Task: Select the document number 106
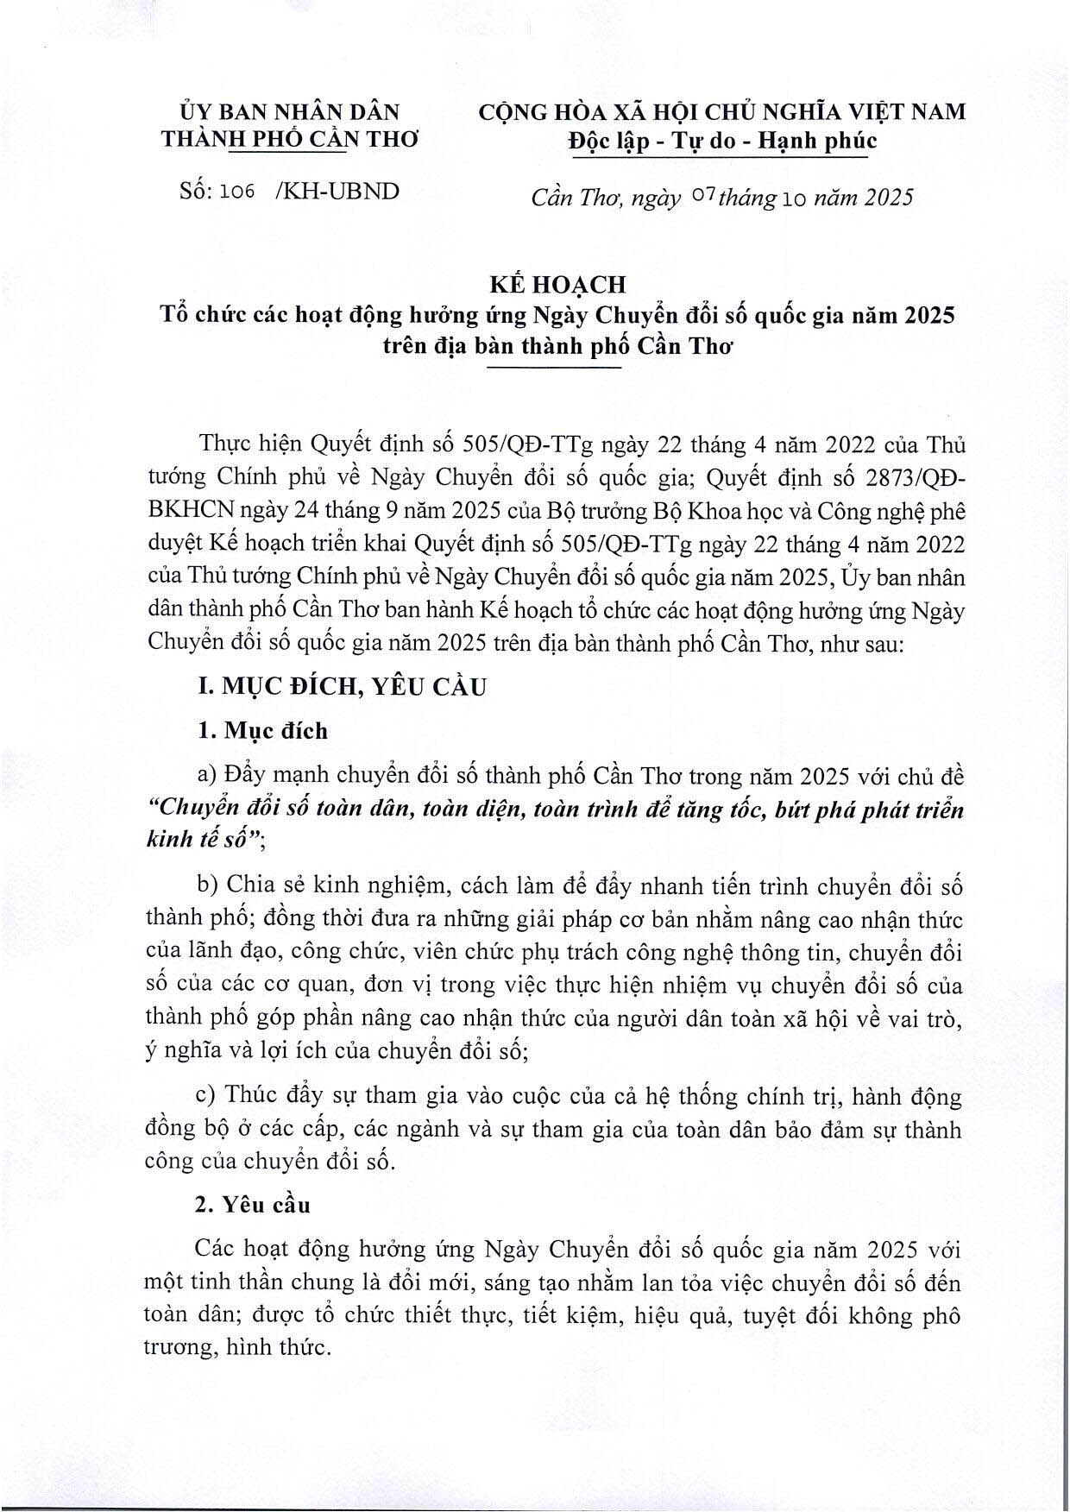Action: [x=237, y=192]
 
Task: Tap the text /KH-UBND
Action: [x=337, y=192]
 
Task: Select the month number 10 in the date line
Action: [x=793, y=198]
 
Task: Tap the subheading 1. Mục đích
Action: [x=262, y=731]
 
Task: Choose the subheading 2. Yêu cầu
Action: [x=253, y=1204]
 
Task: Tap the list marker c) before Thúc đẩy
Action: [x=206, y=1096]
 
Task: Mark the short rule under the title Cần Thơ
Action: [x=553, y=369]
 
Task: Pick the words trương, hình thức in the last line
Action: [x=237, y=1349]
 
